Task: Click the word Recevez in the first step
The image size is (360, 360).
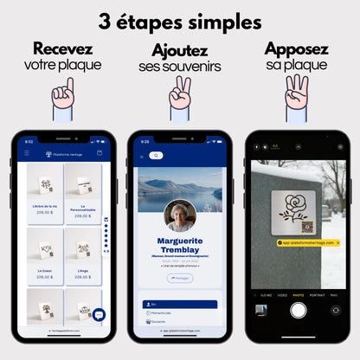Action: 62,49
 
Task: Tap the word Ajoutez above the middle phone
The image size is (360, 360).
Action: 179,51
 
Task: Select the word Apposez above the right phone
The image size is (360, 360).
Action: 296,49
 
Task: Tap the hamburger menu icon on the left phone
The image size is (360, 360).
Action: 27,153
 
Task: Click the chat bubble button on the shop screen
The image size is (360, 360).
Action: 99,315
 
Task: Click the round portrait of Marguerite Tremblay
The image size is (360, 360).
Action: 179,215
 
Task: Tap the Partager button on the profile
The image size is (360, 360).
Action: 179,278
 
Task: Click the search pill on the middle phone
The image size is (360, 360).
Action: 156,156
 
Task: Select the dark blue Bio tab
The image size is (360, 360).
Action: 179,305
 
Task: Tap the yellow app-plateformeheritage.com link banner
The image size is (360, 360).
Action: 297,243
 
